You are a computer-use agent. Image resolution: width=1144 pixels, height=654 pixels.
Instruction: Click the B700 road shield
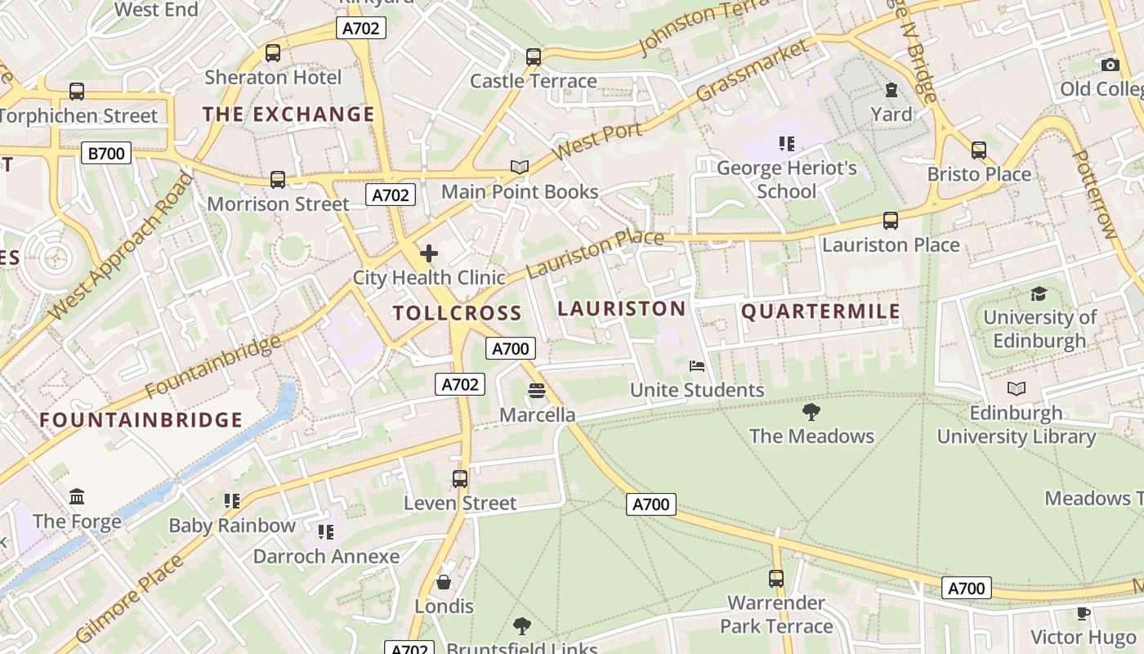106,152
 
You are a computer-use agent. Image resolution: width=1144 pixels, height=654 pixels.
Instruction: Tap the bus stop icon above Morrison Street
278,179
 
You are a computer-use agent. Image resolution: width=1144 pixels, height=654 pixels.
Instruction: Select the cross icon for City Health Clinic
428,253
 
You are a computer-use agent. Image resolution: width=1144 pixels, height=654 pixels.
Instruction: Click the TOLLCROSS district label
457,313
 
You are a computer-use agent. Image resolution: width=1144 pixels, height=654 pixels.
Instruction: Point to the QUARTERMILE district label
820,311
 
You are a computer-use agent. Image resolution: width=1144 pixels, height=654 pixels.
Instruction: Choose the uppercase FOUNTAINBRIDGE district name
141,420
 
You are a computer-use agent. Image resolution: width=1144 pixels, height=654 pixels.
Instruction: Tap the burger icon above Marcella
537,391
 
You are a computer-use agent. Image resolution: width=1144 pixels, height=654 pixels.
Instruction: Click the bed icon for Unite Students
696,365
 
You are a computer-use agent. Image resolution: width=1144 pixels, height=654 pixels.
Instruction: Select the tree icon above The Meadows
811,411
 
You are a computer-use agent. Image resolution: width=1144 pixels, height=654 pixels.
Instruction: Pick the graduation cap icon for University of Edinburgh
1039,293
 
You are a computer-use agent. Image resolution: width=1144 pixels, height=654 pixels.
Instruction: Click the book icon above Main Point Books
520,167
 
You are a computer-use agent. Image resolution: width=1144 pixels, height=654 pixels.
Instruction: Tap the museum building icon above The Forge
77,496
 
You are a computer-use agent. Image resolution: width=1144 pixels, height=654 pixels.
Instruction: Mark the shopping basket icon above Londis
444,582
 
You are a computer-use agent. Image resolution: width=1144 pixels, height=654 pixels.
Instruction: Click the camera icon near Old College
1110,65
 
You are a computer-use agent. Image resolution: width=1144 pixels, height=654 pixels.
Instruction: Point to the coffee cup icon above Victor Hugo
1084,613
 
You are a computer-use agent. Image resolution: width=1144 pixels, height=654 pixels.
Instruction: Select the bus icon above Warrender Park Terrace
776,579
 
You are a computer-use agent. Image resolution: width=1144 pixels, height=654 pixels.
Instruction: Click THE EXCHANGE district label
288,114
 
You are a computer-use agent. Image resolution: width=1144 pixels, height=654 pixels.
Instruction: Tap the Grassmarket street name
751,71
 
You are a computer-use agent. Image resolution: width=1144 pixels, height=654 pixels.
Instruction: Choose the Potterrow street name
1093,195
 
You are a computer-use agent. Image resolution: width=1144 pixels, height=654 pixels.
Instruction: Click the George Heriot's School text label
786,180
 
